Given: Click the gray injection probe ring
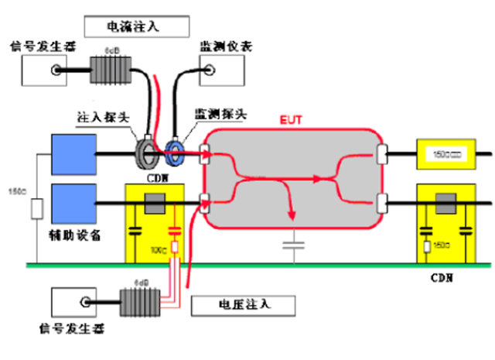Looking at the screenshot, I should click(x=148, y=150).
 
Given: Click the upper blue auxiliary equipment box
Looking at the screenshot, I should click(x=73, y=153).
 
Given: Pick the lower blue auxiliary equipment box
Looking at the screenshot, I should click(x=73, y=204).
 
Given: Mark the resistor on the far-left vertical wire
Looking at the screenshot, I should click(x=34, y=209).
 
